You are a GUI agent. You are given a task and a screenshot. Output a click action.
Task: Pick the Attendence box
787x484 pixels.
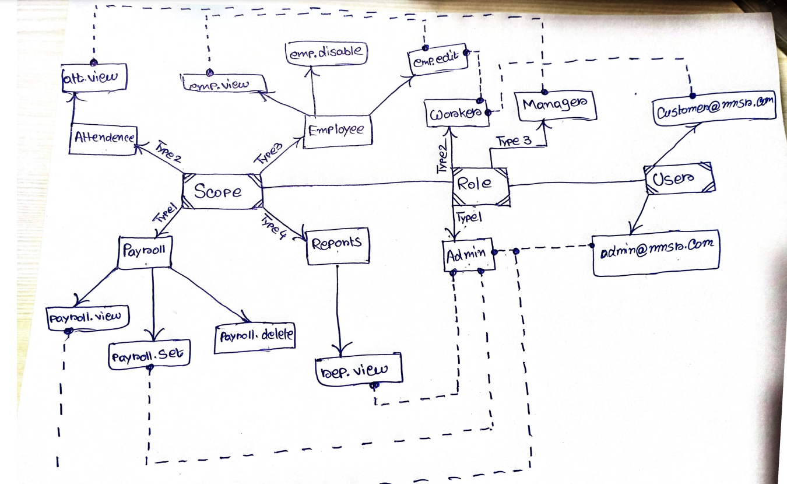[103, 139]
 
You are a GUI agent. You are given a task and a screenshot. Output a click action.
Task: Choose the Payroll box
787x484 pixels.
[146, 252]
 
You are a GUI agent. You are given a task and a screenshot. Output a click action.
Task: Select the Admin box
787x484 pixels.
[468, 254]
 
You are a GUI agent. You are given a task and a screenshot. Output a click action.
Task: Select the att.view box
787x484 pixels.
[94, 76]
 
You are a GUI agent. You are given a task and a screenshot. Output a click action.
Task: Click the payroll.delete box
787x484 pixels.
[255, 336]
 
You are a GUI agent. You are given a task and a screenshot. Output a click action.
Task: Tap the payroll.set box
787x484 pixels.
[149, 355]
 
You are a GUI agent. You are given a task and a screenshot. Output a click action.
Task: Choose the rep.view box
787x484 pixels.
[359, 369]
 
